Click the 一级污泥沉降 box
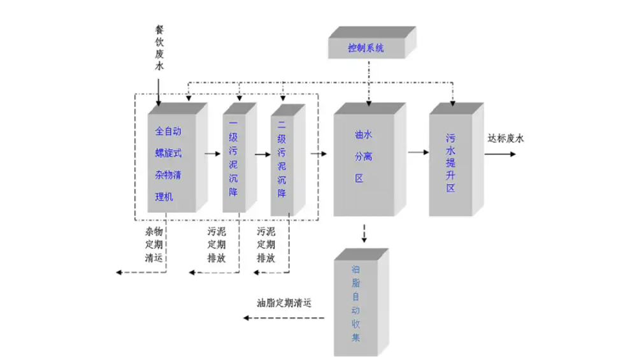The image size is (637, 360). [233, 164]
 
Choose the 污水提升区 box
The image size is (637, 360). [450, 162]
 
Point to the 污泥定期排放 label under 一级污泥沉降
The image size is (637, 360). [216, 245]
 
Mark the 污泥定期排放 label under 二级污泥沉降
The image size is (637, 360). [266, 245]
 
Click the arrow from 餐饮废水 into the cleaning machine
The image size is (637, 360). [159, 89]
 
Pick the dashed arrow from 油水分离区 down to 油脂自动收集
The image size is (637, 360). [364, 233]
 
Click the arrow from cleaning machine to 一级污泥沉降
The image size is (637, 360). [211, 154]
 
